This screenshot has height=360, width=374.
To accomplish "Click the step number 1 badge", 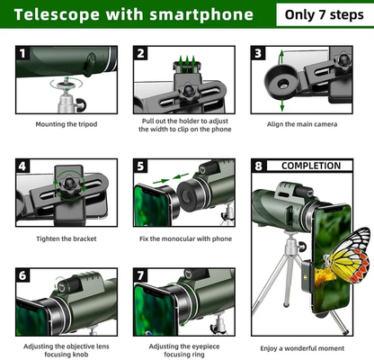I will point(22,54).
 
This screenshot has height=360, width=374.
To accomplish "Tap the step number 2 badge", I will point(140,54).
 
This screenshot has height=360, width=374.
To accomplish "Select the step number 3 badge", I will point(258,54).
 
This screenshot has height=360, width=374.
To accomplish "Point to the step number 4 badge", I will point(22,166).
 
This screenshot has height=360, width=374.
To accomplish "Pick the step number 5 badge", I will point(140,166).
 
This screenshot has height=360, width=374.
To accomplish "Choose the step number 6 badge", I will point(22,274).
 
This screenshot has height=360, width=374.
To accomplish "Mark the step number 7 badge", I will point(140,274).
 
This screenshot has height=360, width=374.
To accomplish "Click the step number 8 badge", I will point(259,166).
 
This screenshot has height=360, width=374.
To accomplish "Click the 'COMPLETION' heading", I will point(311,166).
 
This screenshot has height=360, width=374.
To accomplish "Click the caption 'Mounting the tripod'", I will point(66,124).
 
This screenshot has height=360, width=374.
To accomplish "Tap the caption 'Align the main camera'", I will point(301,124).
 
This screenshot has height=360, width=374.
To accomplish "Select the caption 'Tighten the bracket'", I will point(66,238).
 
